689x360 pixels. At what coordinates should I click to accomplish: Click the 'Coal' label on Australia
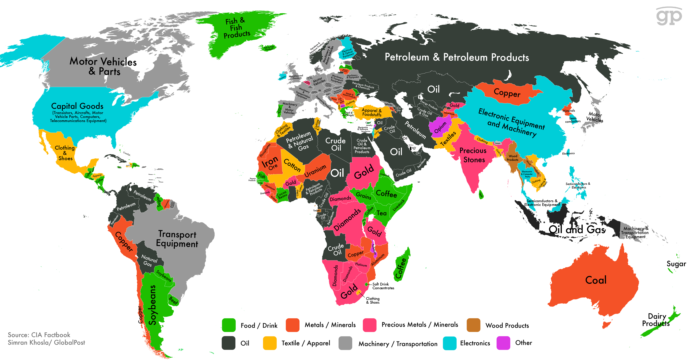[x=596, y=280]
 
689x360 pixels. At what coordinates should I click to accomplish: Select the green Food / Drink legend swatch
[x=229, y=325]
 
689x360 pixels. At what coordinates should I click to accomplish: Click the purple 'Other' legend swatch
[x=503, y=343]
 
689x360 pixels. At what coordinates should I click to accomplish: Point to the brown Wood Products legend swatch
[x=473, y=325]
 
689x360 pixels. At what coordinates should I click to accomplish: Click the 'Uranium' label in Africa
[x=315, y=171]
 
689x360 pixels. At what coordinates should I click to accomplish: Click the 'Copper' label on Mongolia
[x=507, y=93]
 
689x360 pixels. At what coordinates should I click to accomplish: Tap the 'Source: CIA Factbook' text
[x=39, y=335]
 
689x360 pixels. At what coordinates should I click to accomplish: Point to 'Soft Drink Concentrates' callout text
[x=383, y=286]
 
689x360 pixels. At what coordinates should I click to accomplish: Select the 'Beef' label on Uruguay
[x=173, y=300]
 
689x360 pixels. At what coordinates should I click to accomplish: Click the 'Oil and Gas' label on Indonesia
[x=577, y=230]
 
